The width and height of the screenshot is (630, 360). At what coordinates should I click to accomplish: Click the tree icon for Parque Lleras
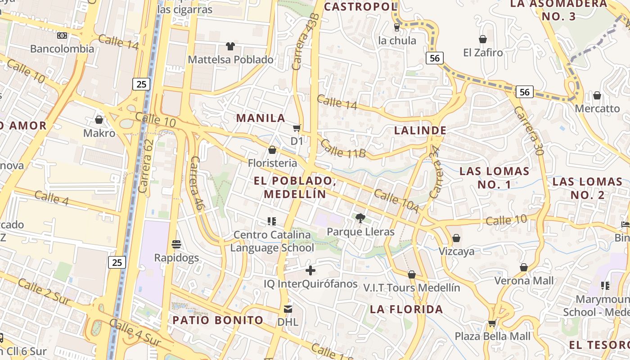tap(360, 218)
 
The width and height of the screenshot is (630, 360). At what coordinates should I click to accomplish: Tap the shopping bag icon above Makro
tap(99, 120)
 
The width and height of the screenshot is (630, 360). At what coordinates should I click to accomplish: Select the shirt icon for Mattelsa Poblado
tap(230, 46)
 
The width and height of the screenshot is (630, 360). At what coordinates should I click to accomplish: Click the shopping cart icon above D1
tap(297, 129)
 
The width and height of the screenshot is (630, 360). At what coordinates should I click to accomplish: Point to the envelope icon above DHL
tap(288, 309)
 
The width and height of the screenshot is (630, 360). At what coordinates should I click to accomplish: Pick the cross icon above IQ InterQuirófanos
tap(310, 270)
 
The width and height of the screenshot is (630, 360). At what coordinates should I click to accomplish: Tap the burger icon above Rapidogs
tap(176, 244)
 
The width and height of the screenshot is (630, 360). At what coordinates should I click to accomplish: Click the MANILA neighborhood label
tap(261, 118)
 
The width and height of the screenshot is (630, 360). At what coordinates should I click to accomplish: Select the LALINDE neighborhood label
tap(420, 130)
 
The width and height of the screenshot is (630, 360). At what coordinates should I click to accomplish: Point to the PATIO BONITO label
tap(218, 320)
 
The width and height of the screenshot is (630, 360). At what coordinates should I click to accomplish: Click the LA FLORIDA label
tap(406, 309)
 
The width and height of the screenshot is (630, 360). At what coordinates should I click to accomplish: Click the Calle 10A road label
tap(396, 202)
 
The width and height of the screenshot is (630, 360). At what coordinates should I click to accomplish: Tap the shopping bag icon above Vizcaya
tap(456, 238)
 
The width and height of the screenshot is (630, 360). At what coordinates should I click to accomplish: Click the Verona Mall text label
tap(524, 281)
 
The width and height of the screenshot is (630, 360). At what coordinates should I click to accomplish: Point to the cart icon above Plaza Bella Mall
tap(492, 323)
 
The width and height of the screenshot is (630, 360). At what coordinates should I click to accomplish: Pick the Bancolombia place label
tap(62, 49)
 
